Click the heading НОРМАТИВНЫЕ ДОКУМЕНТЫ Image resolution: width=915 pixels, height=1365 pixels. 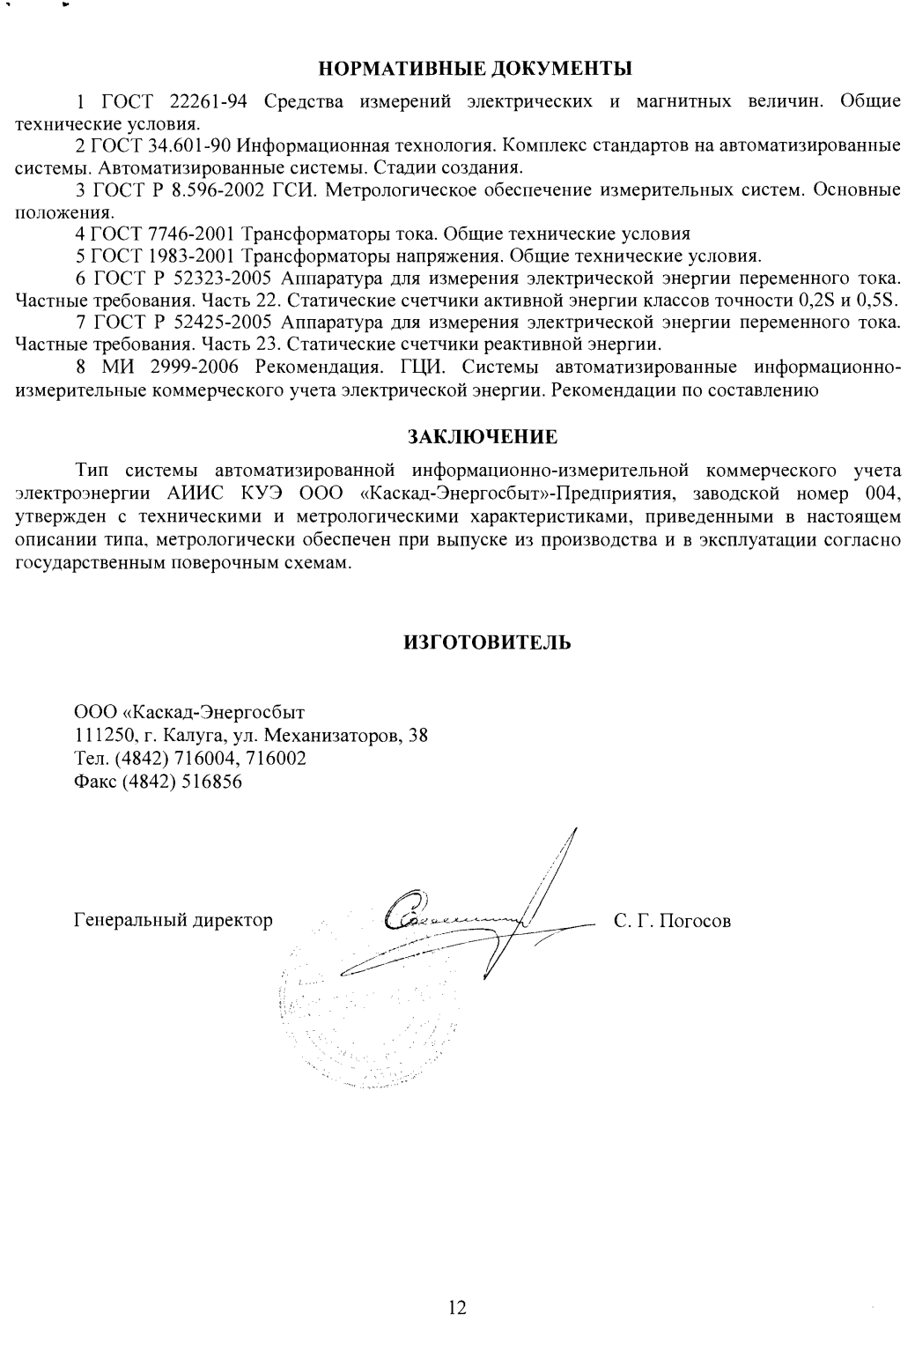[475, 68]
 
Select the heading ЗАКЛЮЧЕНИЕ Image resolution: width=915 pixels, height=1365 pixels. [482, 437]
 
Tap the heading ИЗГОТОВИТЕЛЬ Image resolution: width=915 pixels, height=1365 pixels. [487, 642]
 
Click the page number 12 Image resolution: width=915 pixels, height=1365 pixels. [457, 1308]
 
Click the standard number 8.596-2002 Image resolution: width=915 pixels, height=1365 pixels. [215, 191]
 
